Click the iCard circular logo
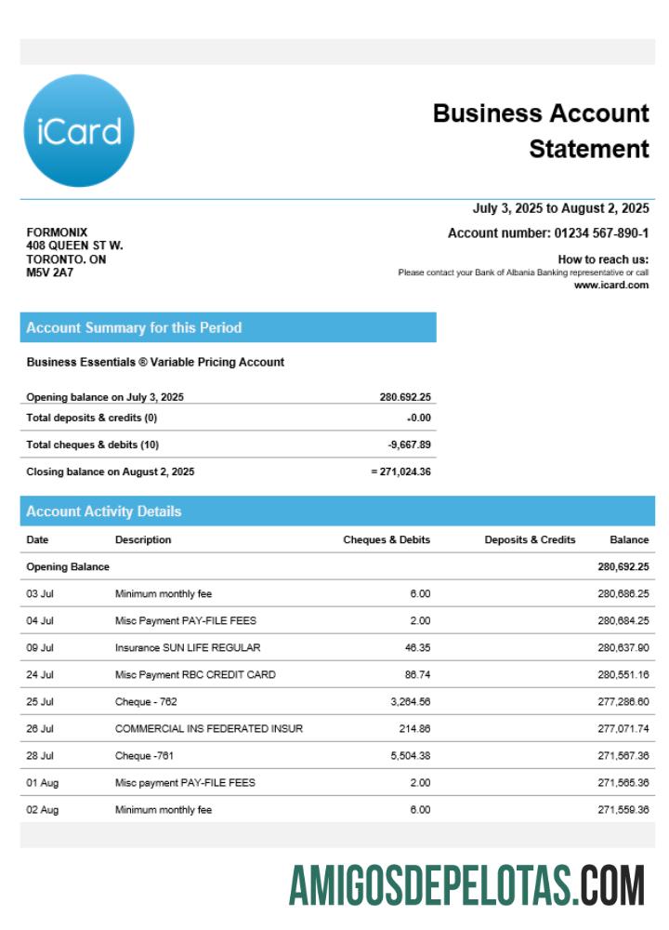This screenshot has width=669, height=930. tap(78, 131)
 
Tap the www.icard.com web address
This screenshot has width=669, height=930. tap(610, 286)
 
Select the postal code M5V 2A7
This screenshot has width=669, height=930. tap(49, 273)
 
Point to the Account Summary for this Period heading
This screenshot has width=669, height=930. tap(134, 327)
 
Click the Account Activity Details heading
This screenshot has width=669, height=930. tap(104, 511)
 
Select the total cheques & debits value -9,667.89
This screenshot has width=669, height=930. tap(409, 445)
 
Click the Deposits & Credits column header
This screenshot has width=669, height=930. tap(530, 539)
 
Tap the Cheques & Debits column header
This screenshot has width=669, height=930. tap(387, 539)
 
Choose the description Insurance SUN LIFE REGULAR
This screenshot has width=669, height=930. tap(188, 647)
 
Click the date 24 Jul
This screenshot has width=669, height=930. tap(39, 674)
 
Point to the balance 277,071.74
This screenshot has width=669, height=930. tap(623, 729)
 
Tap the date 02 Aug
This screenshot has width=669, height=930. tap(42, 810)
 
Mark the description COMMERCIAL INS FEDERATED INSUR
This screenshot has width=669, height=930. tap(209, 729)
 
